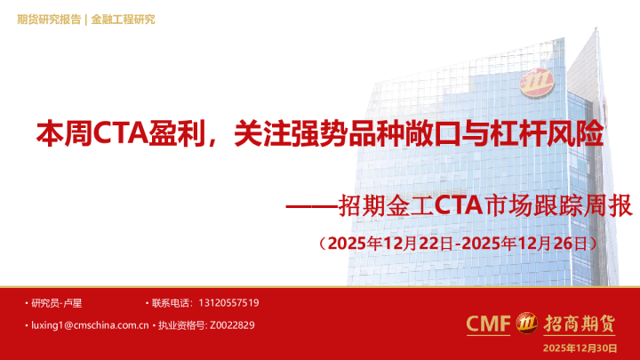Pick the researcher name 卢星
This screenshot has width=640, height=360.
coord(74,303)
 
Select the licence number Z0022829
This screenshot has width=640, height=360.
coord(234,325)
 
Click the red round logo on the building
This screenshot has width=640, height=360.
coord(540,82)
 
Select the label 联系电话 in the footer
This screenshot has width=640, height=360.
coord(171,303)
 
